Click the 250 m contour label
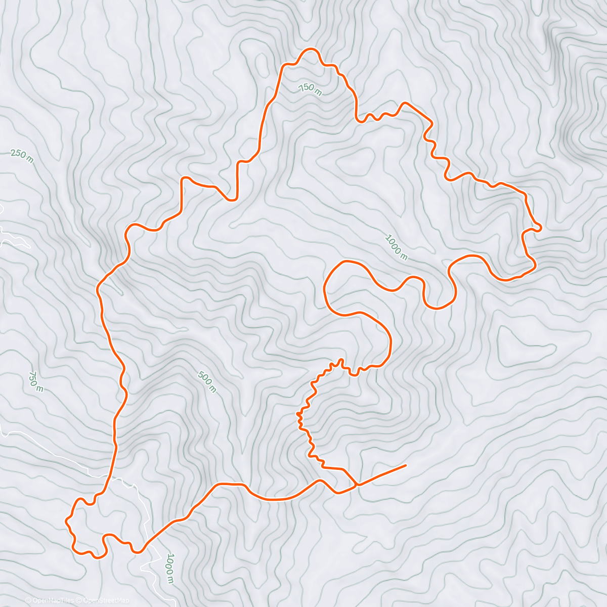coord(22,156)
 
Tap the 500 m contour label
coord(207,382)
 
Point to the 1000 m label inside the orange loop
coord(396,247)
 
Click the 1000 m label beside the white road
coord(170,569)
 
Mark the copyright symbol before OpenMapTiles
coord(28,600)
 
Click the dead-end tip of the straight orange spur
coord(406,465)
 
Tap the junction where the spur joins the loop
coord(357,485)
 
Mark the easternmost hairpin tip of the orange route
coord(541,228)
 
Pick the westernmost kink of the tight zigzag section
coord(297,414)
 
